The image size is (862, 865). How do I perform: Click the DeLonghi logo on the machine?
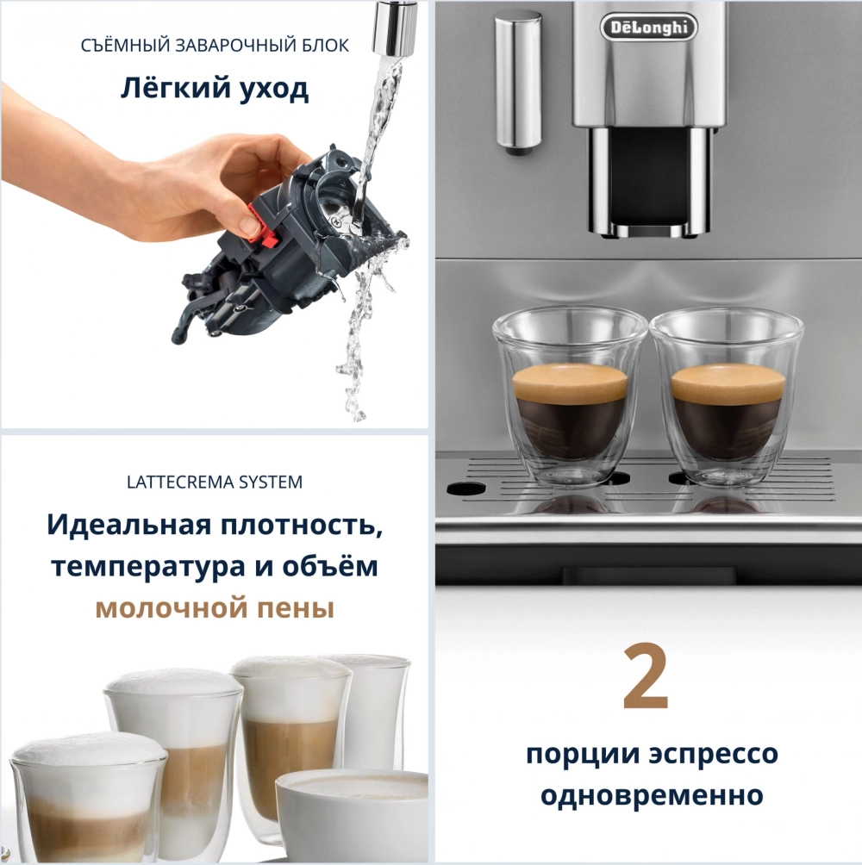(649, 27)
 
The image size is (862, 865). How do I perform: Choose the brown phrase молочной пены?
(215, 608)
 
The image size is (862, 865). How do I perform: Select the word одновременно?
(652, 795)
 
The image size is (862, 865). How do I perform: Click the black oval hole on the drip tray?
(465, 489)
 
